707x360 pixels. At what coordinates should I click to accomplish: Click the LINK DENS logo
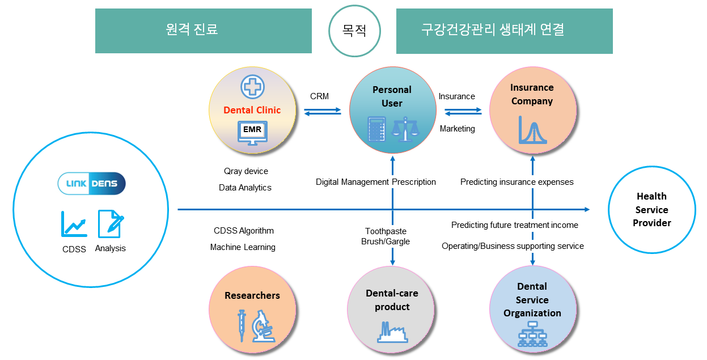coord(91,183)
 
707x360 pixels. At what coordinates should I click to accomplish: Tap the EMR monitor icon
coord(252,133)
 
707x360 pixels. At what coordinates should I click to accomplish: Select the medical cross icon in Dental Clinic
coord(252,87)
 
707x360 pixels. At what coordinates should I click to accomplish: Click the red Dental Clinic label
coord(252,110)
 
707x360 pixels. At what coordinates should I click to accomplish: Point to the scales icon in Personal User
coord(405,129)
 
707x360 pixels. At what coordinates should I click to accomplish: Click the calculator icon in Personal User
coord(376,129)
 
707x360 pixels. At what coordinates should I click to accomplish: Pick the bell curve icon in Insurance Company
coord(532,130)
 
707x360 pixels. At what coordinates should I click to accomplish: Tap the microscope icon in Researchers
coord(263,326)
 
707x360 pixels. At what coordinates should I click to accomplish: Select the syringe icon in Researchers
coord(242,325)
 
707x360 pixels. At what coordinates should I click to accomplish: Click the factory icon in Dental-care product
coord(392,332)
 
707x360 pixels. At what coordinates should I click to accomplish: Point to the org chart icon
coord(532,334)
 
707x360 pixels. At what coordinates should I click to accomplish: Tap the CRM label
coord(319,96)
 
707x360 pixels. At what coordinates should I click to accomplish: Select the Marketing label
coord(458,129)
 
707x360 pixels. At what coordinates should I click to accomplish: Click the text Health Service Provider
coord(652,210)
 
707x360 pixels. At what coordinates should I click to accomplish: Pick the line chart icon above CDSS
coord(74,224)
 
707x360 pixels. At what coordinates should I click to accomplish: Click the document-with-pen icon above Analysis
coord(111,224)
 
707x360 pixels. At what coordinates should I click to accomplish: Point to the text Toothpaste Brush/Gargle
coord(386,236)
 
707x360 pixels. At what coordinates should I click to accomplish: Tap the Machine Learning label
coord(243,247)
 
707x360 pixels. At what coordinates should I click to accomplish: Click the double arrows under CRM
coord(323,112)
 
